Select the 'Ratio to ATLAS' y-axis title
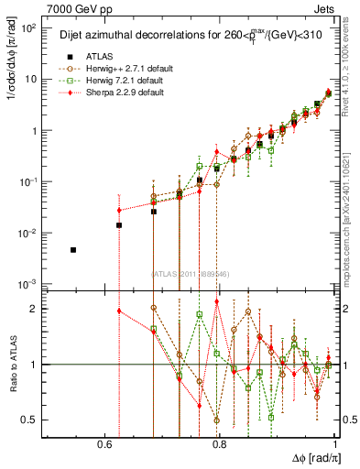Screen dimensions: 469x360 [x=16, y=365]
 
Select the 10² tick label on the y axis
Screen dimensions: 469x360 [x=29, y=27]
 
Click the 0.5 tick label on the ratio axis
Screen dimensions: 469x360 [x=31, y=420]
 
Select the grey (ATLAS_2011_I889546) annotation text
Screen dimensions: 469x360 [x=191, y=273]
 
